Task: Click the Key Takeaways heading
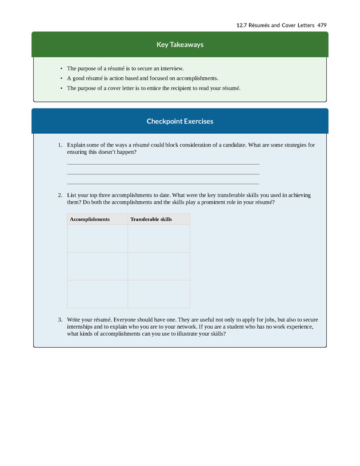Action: (180, 45)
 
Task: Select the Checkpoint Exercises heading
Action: (180, 121)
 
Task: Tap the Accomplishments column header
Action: (90, 219)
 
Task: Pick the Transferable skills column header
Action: (151, 219)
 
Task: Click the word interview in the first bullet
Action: (170, 68)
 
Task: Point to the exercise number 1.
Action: (60, 145)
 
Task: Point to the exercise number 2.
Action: (60, 195)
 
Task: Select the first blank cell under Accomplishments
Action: (97, 238)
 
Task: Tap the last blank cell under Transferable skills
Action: (158, 294)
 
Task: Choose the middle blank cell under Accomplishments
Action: (97, 266)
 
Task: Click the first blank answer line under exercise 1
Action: (163, 164)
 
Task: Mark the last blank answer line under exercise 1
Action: (163, 184)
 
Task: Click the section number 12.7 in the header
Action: (241, 25)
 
